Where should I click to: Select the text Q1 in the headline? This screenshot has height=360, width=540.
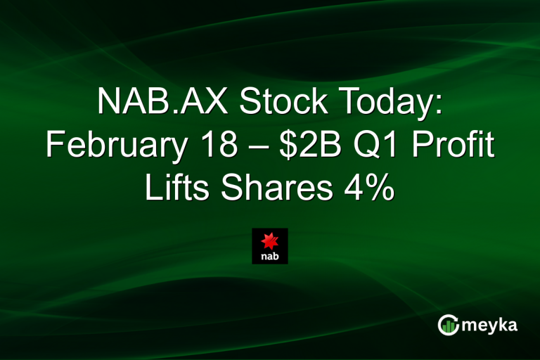pos(379,146)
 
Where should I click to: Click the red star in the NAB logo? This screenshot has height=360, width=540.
pos(270,241)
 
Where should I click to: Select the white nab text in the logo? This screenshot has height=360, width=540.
pos(270,257)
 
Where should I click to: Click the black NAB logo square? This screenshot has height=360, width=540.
pos(270,246)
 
